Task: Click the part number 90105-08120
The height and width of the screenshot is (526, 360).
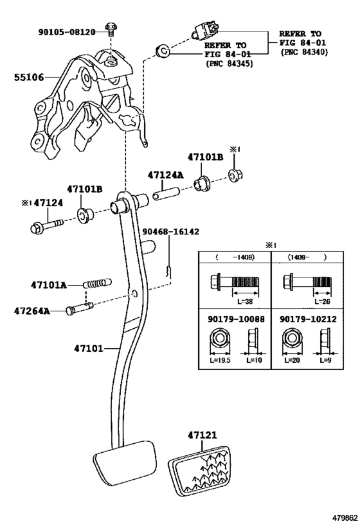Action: point(66,32)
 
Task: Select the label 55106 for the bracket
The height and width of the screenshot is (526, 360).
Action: point(29,78)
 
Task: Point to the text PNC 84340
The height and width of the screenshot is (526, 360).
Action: point(304,52)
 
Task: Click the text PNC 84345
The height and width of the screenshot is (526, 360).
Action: point(230,64)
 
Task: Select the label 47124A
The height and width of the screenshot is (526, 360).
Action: point(166,175)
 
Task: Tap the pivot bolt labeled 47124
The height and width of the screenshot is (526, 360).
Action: point(47,225)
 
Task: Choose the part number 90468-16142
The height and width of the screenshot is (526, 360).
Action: point(170,231)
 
